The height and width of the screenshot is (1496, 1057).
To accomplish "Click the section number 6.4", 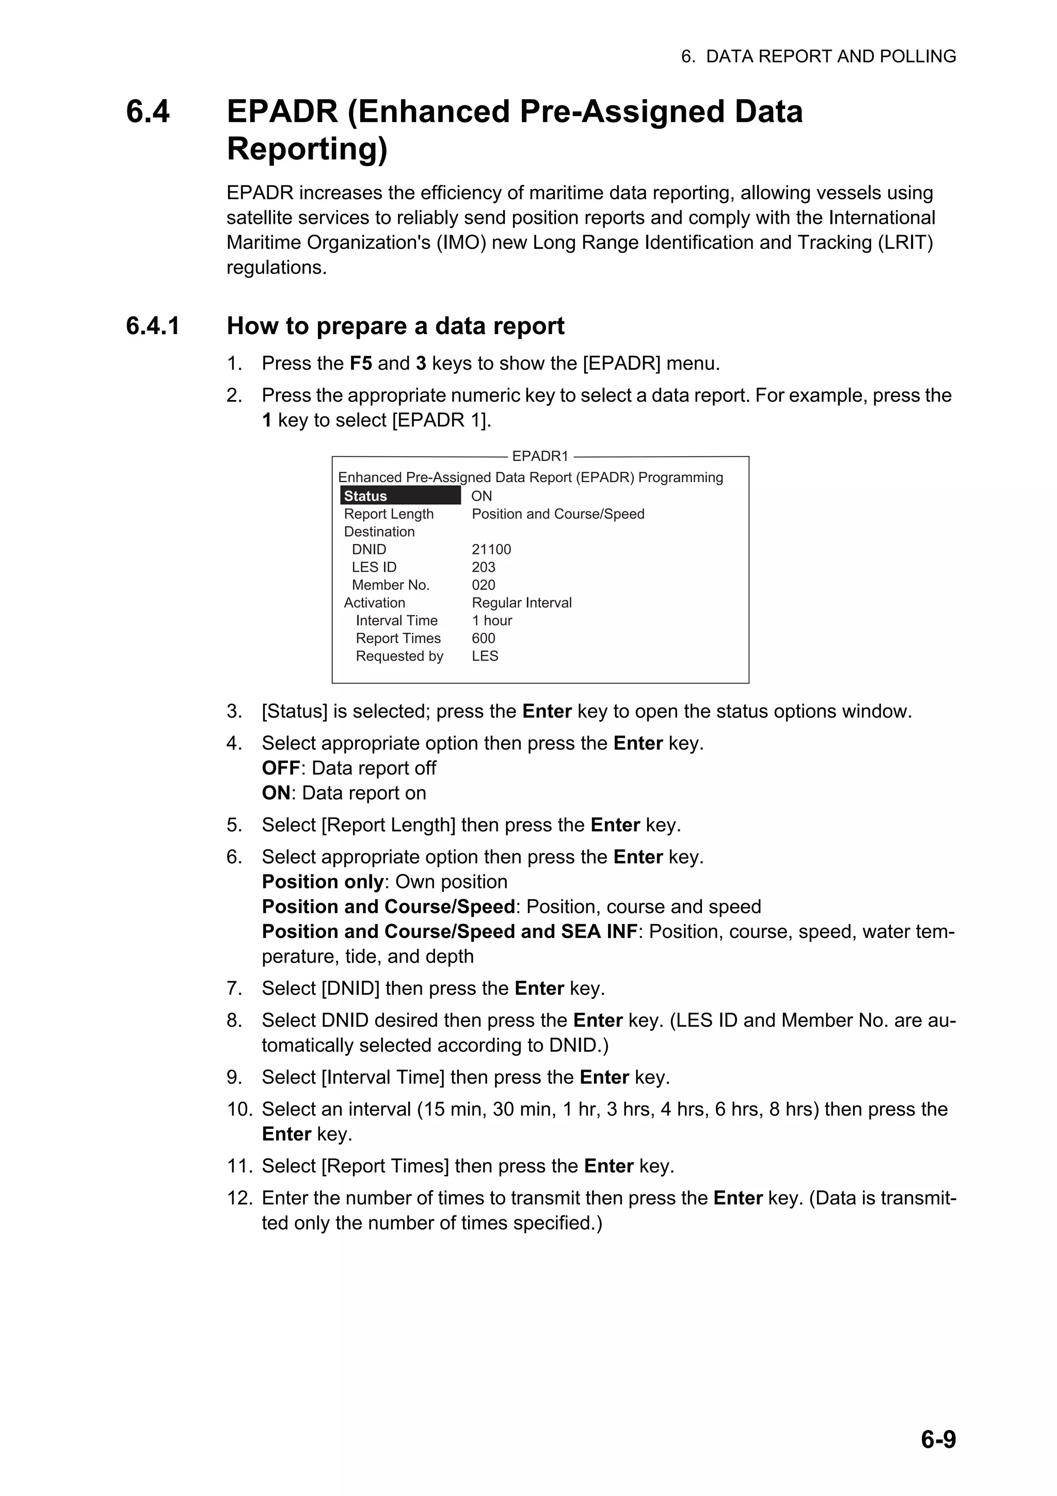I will (148, 112).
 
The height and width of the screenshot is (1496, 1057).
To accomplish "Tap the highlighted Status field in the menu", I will (400, 496).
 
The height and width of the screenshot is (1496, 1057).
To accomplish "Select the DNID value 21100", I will (491, 549).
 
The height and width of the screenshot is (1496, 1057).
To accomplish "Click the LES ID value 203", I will (483, 567).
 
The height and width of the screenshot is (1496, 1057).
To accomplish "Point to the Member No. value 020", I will (483, 585).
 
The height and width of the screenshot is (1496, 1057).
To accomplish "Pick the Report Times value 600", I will (483, 639).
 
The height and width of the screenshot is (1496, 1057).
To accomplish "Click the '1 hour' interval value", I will (492, 620).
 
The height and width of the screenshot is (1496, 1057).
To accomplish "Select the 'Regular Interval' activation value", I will (522, 603).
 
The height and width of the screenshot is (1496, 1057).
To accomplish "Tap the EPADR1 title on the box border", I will (540, 456).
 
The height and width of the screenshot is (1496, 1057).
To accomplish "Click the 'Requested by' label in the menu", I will (399, 656).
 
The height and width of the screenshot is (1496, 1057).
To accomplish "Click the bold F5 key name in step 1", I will (361, 363).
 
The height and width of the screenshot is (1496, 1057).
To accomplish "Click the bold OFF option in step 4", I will (281, 768).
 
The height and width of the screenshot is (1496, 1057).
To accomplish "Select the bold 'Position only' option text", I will (323, 882).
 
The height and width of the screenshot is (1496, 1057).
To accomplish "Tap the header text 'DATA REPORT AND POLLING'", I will (830, 57).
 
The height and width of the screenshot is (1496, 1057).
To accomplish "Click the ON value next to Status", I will (482, 496).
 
